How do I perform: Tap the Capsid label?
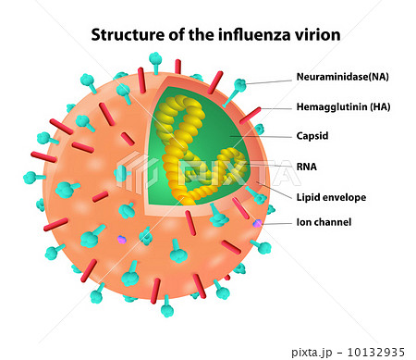pos(312,135)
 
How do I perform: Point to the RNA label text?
pos(307,168)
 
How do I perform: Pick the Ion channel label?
pos(324,222)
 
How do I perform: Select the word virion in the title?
pos(316,35)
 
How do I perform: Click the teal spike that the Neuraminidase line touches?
pos(239,86)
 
